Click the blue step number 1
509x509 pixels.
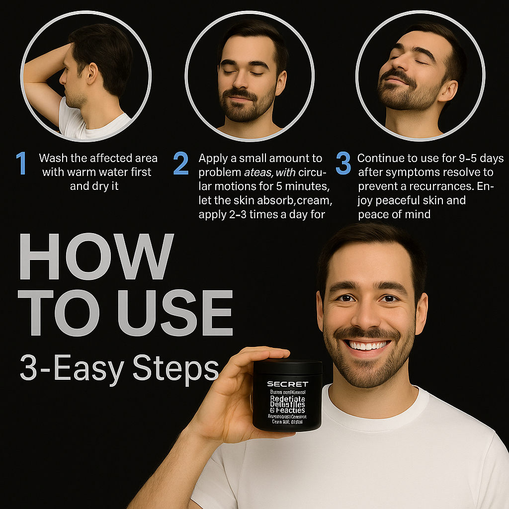(21, 164)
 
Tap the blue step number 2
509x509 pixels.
(181, 164)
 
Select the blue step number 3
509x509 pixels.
(343, 164)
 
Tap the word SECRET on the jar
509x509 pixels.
(287, 384)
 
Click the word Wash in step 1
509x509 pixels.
(53, 159)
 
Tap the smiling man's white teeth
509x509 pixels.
(368, 345)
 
